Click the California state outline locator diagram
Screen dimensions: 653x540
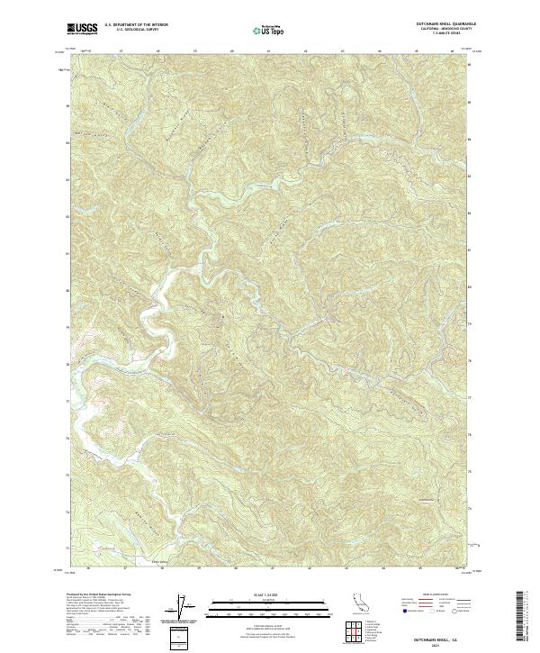pos(359,604)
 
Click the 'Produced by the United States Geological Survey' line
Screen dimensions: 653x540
pos(99,595)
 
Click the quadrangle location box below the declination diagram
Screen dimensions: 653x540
pos(181,637)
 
